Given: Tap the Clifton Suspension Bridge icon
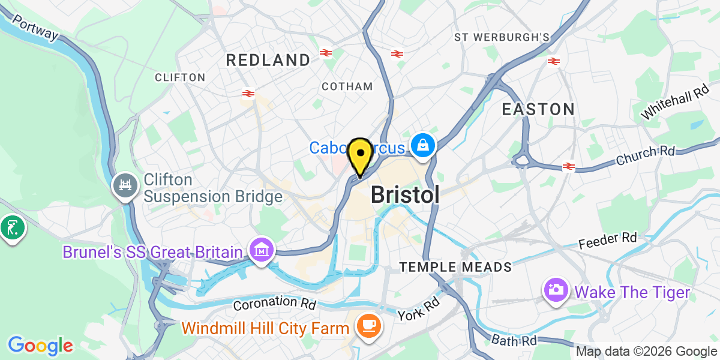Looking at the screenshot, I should coord(125,185).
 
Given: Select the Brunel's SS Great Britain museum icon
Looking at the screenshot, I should coord(262,251).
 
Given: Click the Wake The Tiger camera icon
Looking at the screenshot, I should coord(556,290).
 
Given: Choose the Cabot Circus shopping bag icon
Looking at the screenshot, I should coord(423,146).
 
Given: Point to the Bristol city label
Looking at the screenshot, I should coord(405,194).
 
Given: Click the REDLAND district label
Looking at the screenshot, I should coord(268,60).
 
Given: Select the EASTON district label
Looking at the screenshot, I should coord(538,109).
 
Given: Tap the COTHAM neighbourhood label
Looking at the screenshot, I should coord(347,86).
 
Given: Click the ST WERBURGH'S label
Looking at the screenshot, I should coord(502,37).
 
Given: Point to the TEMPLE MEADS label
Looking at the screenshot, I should coord(456,267).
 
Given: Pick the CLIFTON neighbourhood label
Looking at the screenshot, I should coord(180,77).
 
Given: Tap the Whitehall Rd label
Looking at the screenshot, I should coord(675,102).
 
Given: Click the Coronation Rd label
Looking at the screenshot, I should coord(274,303).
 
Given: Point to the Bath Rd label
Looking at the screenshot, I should coord(514,340).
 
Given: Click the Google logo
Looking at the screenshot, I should coord(40,345).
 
